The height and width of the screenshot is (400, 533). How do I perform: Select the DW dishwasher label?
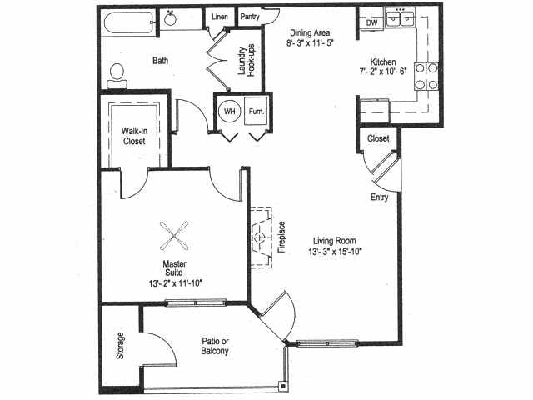coord(371,22)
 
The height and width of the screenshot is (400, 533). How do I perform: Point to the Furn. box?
coord(256,111)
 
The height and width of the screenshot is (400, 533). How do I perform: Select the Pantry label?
coord(250,16)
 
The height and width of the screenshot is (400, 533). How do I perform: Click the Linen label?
coord(220,16)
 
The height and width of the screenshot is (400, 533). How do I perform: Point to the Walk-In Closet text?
coord(133,136)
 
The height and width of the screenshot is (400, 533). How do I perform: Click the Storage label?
coord(121,346)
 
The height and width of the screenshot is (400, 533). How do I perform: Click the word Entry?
coord(380,197)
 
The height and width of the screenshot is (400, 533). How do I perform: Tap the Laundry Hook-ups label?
coord(247,61)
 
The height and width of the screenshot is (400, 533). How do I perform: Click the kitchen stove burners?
coord(427,76)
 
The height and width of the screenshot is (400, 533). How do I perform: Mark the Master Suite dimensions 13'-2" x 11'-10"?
coord(174,282)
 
